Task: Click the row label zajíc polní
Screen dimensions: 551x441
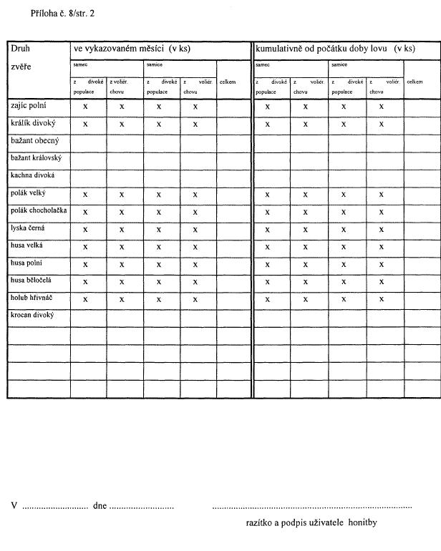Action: (x=30, y=106)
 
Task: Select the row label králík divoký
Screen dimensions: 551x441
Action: (x=33, y=123)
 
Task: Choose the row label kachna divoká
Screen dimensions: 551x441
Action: (x=33, y=175)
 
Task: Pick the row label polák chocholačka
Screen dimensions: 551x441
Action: (x=39, y=210)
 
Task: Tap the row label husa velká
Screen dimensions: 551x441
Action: (x=29, y=245)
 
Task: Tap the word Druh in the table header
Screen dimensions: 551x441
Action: (x=19, y=49)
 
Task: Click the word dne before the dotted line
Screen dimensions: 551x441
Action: (x=100, y=506)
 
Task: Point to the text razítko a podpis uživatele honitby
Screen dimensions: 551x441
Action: (x=311, y=523)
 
